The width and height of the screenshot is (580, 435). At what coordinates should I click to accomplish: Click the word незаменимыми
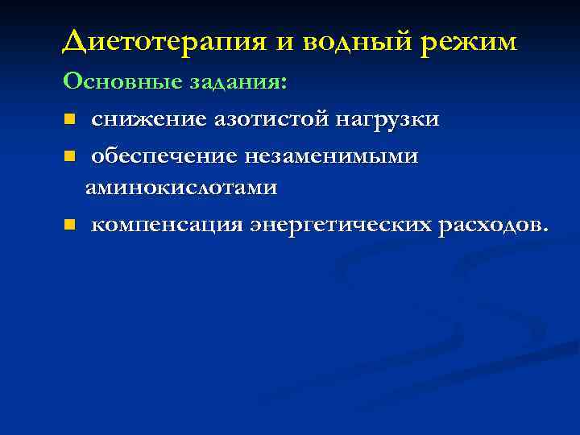[x=334, y=155]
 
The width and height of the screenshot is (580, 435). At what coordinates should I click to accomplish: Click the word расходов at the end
[x=488, y=224]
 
